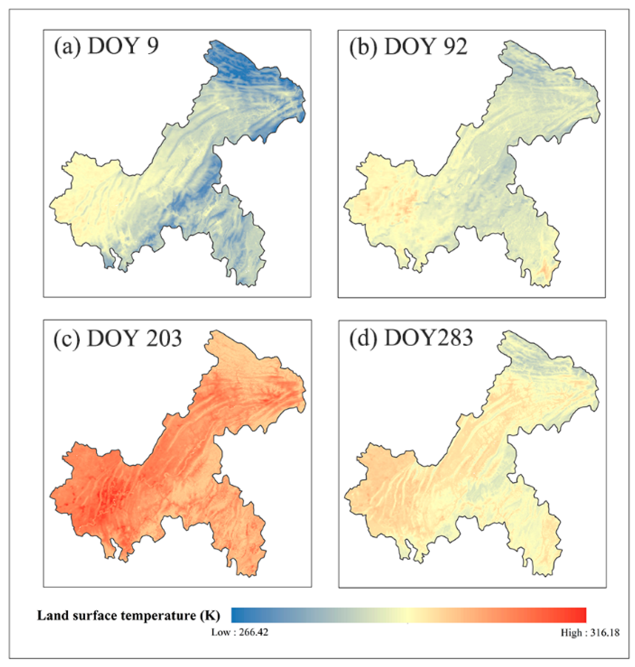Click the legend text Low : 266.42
coord(240,632)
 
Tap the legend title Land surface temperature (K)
coord(128,615)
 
